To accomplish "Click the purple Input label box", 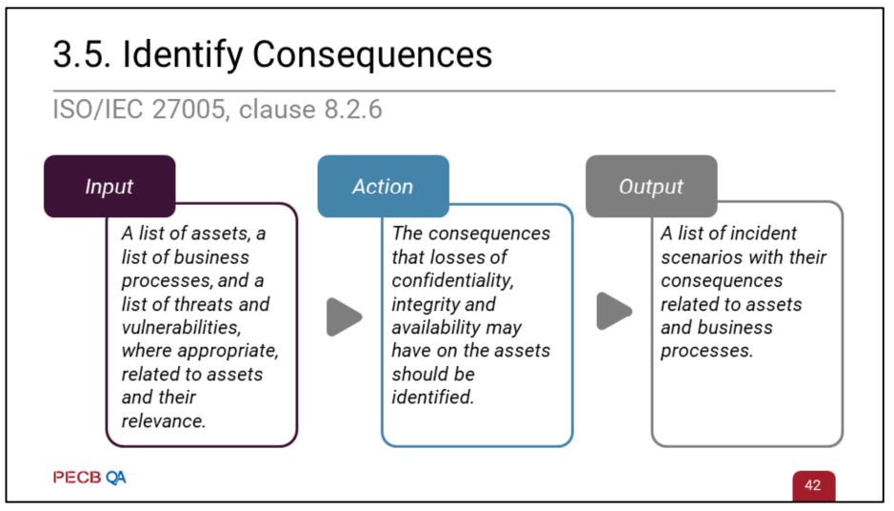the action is pos(109,186).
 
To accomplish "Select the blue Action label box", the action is pos(383,186).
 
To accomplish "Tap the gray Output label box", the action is pos(651,186).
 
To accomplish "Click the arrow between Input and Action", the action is pos(344,317).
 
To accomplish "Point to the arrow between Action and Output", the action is pos(614,311).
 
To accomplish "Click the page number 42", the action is pos(813,485).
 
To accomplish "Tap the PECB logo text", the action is pos(77,478).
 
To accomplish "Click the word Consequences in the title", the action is pos(372,54).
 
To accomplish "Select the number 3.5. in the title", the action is pos(82,54).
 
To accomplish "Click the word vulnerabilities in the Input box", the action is pos(181,328).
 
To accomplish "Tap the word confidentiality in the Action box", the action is pos(452,281).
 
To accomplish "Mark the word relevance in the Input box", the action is pos(164,421).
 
